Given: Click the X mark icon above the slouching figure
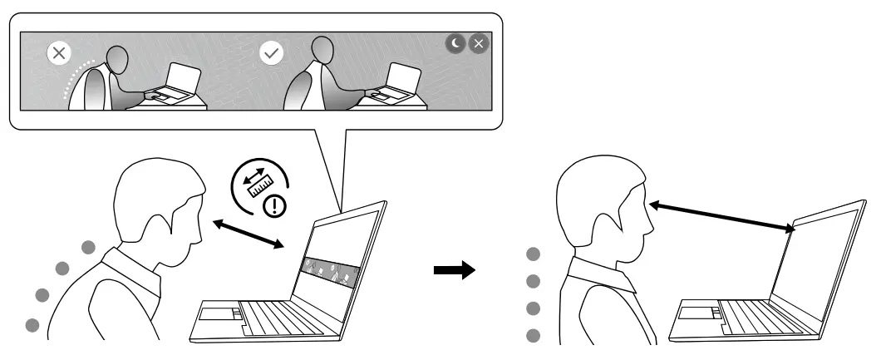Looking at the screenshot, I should pyautogui.click(x=57, y=54).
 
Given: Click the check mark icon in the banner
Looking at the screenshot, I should pyautogui.click(x=272, y=54).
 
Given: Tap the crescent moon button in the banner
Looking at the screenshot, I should pyautogui.click(x=455, y=44).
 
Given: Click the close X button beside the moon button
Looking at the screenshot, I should pyautogui.click(x=479, y=44).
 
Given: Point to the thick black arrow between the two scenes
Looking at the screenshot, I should pyautogui.click(x=455, y=269).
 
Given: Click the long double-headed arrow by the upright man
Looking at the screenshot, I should pyautogui.click(x=720, y=213).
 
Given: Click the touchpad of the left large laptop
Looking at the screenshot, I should pyautogui.click(x=218, y=313).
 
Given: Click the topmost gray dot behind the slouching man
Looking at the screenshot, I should pyautogui.click(x=87, y=246).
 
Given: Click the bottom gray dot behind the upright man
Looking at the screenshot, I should pyautogui.click(x=533, y=336).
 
